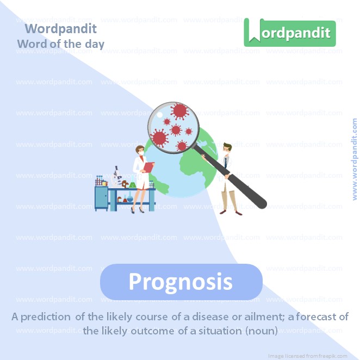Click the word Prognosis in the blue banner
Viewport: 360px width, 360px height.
181,282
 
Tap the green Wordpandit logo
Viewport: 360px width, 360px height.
290,33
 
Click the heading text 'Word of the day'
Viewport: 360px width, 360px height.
60,44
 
